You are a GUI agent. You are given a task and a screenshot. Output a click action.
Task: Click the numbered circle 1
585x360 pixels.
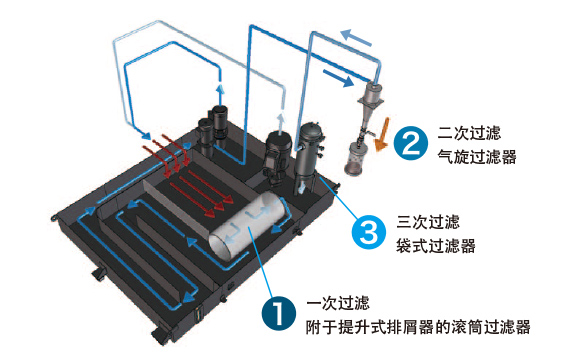279,313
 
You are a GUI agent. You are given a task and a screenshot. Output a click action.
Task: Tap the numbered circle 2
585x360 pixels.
411,143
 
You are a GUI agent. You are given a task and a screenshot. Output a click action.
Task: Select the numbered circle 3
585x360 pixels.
369,232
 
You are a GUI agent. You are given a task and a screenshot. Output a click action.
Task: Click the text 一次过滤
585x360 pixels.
338,303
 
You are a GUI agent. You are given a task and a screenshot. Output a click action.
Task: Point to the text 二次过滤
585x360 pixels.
469,133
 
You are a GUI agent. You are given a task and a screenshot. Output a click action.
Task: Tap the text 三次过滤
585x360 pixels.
428,222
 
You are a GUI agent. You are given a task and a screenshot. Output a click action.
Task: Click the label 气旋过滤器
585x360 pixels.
477,157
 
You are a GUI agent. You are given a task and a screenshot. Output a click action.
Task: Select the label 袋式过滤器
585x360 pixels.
436,246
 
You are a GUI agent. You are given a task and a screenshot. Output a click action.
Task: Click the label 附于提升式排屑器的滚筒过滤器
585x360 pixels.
418,327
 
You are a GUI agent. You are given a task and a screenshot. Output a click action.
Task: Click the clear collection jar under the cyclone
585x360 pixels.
354,159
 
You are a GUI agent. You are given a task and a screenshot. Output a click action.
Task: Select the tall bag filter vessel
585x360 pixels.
309,157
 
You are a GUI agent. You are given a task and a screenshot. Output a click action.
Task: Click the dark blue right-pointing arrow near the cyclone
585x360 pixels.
338,78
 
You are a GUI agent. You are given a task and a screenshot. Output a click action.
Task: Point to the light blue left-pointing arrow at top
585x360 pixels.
356,37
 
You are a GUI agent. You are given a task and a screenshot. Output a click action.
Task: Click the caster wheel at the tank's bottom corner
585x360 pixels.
160,336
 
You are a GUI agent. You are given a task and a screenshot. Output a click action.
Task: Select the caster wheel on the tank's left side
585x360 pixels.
99,275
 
